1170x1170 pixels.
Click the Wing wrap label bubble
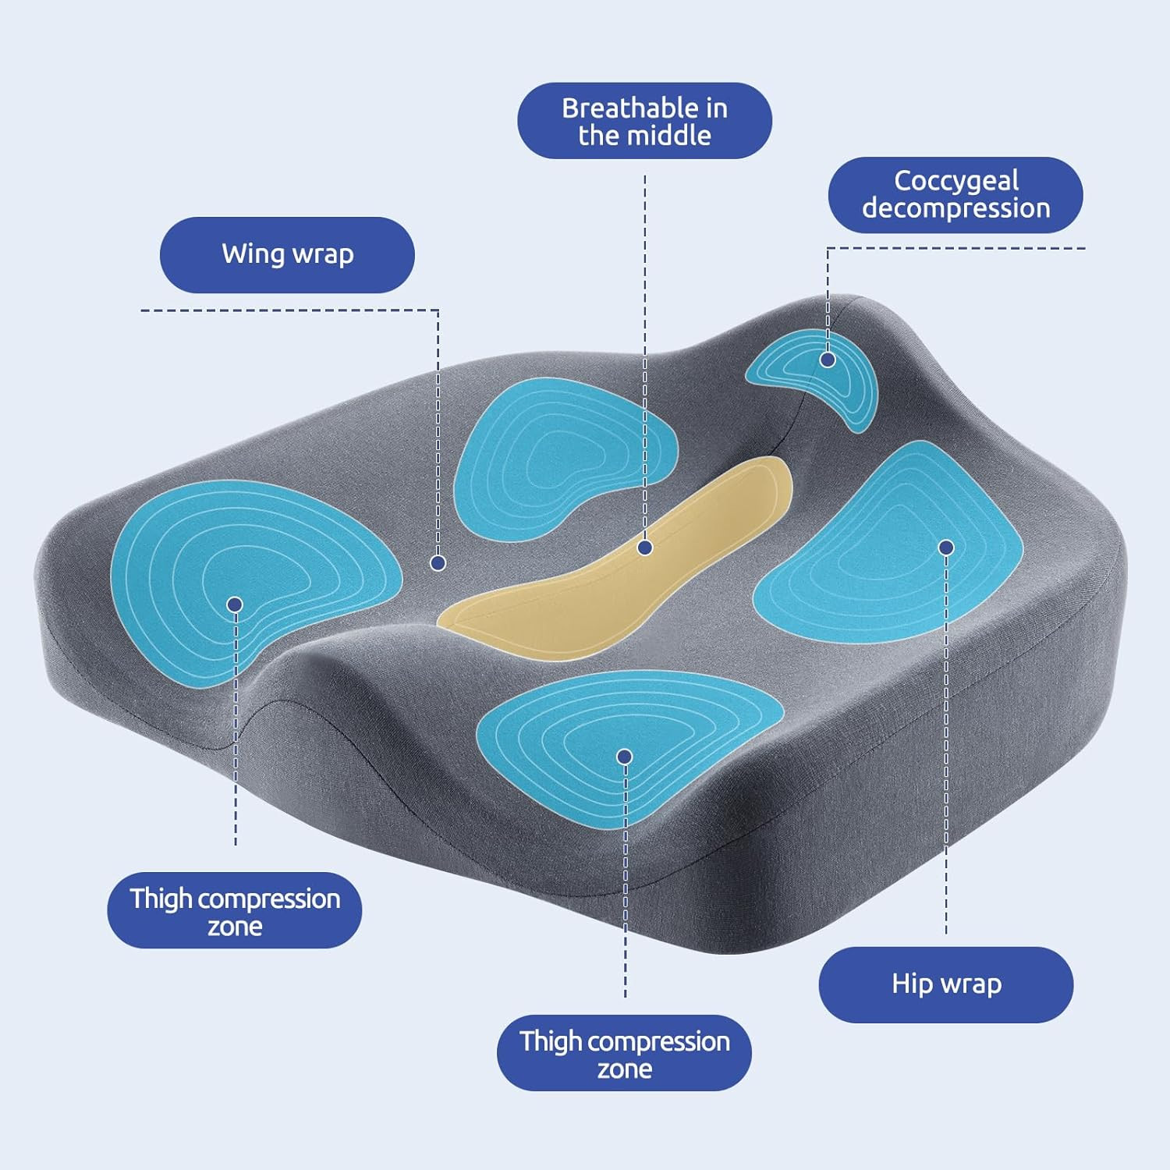click(x=287, y=255)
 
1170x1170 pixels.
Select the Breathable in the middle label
click(x=644, y=121)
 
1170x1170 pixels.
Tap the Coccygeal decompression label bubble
click(x=955, y=195)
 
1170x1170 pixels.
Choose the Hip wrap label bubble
click(x=946, y=984)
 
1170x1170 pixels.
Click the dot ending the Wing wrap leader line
click(x=438, y=562)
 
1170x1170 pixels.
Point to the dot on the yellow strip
click(x=644, y=548)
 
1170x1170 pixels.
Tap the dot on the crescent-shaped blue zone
click(x=828, y=360)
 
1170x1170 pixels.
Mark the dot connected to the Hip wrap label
click(x=946, y=548)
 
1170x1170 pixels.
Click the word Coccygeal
click(x=956, y=182)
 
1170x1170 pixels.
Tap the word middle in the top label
click(x=672, y=136)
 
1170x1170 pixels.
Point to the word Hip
click(x=913, y=984)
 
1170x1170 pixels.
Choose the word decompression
click(x=956, y=209)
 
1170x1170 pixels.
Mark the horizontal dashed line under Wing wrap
click(x=289, y=310)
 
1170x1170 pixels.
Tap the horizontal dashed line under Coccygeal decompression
click(x=956, y=249)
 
